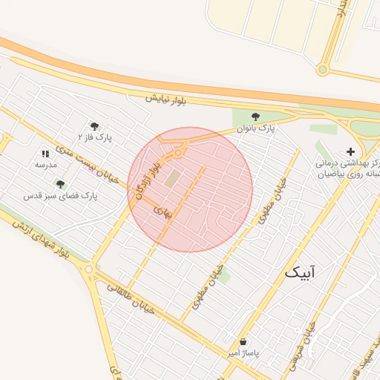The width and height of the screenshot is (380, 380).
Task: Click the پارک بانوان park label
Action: coord(256,128)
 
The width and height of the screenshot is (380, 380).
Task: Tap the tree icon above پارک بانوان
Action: coord(256,117)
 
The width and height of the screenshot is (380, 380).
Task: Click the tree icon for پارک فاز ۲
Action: coord(94,126)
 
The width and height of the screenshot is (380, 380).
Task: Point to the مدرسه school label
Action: coord(46,164)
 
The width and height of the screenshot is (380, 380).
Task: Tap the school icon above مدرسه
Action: coord(46,154)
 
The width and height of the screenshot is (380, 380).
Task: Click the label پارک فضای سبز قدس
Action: coord(61,195)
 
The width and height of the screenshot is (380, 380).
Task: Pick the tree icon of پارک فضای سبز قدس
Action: coord(60,184)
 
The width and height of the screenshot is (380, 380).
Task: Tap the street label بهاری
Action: coord(162,211)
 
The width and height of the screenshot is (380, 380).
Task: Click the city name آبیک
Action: coord(300,273)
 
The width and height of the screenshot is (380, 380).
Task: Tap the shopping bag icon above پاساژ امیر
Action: coord(243,342)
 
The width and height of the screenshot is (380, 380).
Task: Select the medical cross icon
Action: coord(350,151)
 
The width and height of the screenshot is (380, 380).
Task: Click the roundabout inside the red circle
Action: coord(179,153)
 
